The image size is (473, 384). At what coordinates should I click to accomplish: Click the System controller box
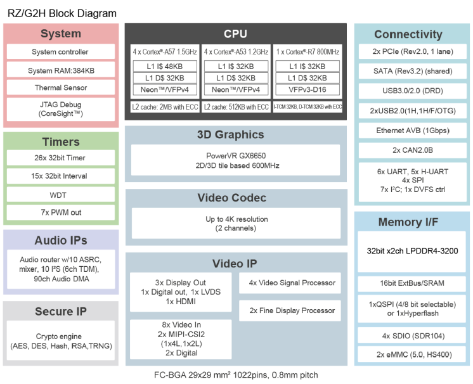click(x=60, y=52)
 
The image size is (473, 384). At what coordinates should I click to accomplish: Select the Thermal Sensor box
click(x=60, y=87)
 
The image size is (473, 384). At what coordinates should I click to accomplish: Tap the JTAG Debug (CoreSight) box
click(x=60, y=109)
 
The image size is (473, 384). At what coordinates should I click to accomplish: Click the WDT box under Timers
click(x=60, y=194)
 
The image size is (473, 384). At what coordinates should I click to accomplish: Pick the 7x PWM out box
click(x=60, y=212)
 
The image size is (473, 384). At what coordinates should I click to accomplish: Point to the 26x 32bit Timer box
click(x=60, y=158)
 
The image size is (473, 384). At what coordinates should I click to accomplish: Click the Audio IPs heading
click(x=60, y=240)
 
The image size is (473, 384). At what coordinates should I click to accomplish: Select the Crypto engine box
click(x=60, y=342)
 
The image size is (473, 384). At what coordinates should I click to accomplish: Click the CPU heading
click(x=235, y=34)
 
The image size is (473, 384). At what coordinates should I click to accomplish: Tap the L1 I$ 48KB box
click(x=164, y=66)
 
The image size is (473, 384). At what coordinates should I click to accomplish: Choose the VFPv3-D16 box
click(x=308, y=89)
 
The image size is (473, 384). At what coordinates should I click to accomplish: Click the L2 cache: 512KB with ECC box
click(x=236, y=107)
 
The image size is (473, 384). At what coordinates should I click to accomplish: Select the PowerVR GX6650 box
click(x=235, y=160)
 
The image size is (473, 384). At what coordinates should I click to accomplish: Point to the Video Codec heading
click(x=235, y=198)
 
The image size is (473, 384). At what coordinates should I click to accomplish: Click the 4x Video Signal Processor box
click(x=292, y=283)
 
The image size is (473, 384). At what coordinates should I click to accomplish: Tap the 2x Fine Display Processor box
click(x=292, y=310)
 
